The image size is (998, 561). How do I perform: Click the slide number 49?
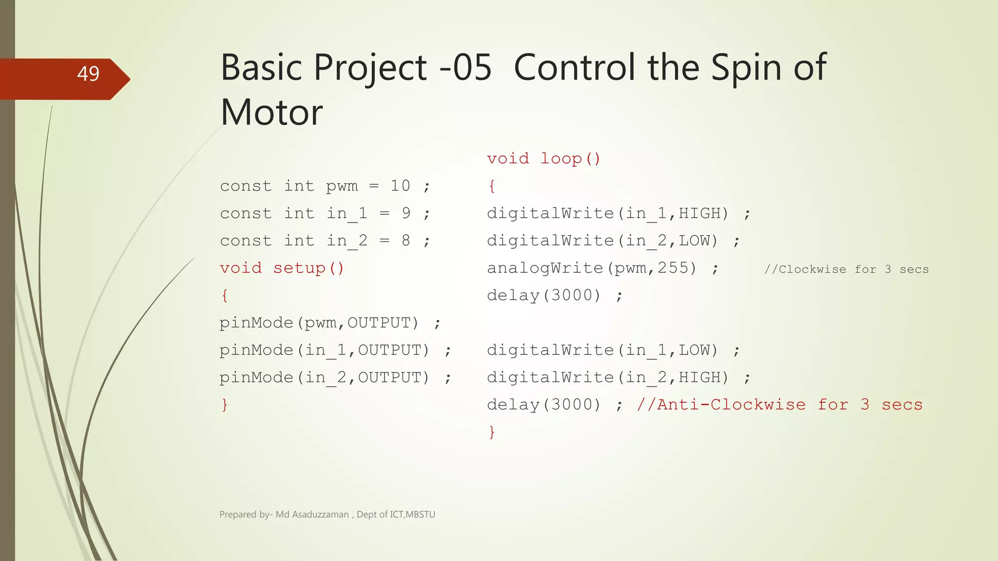click(x=88, y=74)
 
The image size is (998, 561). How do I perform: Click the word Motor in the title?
click(x=271, y=112)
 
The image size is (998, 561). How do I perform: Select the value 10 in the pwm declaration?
click(x=400, y=186)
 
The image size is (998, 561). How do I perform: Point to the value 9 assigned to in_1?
click(x=406, y=213)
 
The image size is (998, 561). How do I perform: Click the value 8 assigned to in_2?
click(x=406, y=240)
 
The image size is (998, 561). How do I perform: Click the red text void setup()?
click(x=282, y=268)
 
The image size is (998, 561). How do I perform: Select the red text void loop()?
click(x=543, y=158)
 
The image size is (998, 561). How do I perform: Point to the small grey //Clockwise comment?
click(x=846, y=269)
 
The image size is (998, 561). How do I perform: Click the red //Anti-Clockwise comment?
click(x=779, y=405)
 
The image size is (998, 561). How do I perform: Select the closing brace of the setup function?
click(x=224, y=405)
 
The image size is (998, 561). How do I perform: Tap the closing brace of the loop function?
click(x=492, y=432)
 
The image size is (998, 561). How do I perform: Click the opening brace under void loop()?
click(x=492, y=186)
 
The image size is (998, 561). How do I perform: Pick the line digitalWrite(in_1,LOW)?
click(x=602, y=350)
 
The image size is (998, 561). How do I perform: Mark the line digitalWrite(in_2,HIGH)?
click(x=608, y=377)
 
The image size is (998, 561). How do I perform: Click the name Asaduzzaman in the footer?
click(x=320, y=514)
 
